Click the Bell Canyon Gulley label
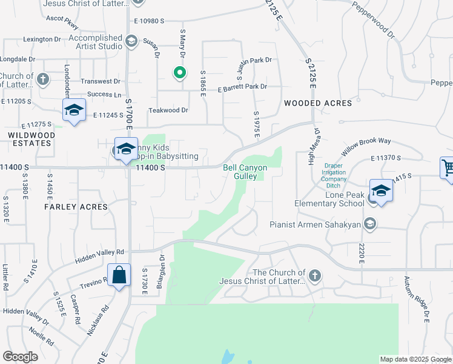245,172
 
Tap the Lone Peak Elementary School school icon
381,192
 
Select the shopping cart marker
448,167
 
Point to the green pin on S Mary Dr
179,73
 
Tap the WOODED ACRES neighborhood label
318,103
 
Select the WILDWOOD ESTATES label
30,139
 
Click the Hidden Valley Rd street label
99,255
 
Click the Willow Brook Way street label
366,145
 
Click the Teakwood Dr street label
169,110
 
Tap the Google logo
20,357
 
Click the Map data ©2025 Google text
415,359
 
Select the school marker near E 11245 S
74,110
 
